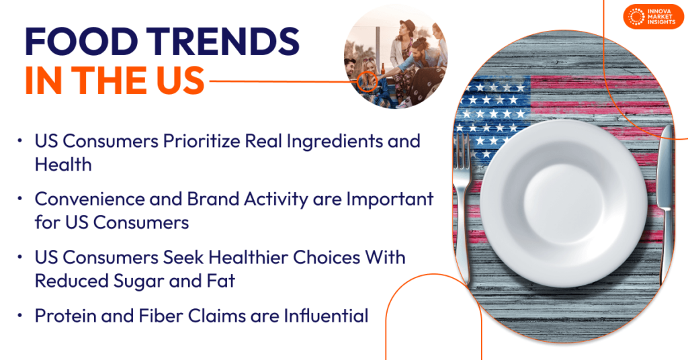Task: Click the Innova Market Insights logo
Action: tap(654, 17)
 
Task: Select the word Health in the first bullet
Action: tap(63, 164)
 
